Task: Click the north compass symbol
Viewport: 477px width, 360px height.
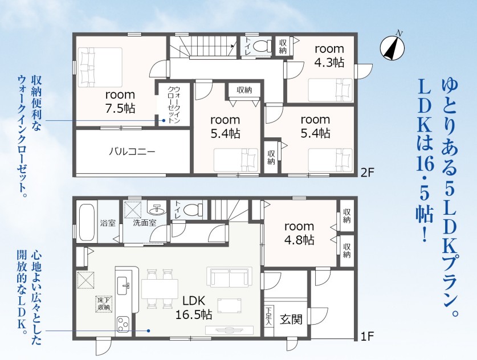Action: [x=393, y=47]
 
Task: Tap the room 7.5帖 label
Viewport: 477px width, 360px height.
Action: [x=120, y=101]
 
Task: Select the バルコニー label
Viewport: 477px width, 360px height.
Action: [x=132, y=151]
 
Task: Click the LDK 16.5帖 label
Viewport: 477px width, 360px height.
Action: [x=194, y=308]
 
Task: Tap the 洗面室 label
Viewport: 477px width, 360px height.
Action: [x=145, y=223]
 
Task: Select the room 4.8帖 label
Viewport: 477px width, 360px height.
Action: [x=299, y=233]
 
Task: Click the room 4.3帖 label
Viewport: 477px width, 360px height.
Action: [x=329, y=55]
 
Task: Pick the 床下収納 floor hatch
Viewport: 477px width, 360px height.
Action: [x=104, y=304]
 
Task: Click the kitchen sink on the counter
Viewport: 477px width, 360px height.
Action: [x=124, y=285]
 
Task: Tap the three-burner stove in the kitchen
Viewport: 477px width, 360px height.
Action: [x=123, y=326]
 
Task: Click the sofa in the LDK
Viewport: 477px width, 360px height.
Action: [x=230, y=277]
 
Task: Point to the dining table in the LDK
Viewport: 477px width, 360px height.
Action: [x=160, y=289]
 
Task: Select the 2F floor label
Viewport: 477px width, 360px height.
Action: [x=367, y=173]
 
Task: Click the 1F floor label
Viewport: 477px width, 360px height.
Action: [x=367, y=336]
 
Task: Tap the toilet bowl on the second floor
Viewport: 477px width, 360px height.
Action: [x=262, y=46]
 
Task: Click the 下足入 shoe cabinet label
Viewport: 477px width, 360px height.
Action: [x=268, y=316]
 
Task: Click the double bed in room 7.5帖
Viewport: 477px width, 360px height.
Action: [x=100, y=66]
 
